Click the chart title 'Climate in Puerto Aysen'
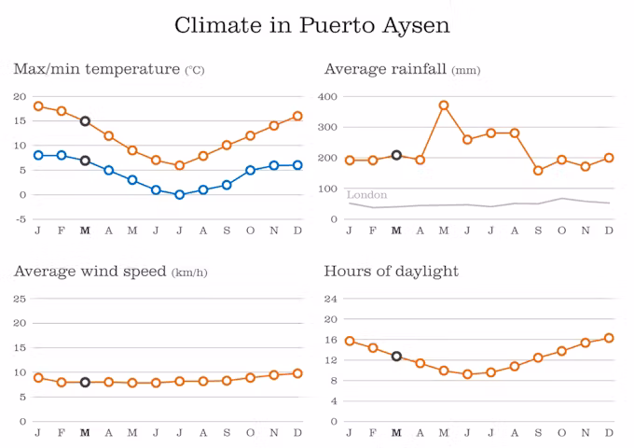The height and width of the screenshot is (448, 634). click(312, 25)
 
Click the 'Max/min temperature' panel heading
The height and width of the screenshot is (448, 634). click(96, 69)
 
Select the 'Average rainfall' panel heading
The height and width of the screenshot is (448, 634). click(386, 69)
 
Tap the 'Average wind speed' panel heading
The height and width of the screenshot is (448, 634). click(90, 272)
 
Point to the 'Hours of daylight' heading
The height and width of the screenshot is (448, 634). click(392, 272)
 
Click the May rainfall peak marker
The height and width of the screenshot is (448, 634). click(444, 105)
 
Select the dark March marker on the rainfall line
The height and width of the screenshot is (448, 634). click(396, 155)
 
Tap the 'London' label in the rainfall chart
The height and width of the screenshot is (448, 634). click(366, 195)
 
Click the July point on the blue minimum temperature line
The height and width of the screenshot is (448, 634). click(179, 194)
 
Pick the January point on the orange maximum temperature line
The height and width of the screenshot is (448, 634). click(38, 106)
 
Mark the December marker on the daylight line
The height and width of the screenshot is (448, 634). click(609, 338)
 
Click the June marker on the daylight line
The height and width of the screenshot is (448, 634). click(467, 374)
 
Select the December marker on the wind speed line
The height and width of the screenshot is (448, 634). click(297, 373)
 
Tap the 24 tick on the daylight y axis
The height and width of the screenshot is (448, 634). click(329, 299)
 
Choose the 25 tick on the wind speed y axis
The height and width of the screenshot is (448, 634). click(20, 299)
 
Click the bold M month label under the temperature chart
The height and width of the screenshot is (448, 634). click(85, 230)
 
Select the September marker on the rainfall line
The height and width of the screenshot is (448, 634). click(538, 171)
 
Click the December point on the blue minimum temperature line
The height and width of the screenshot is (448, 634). click(297, 165)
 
